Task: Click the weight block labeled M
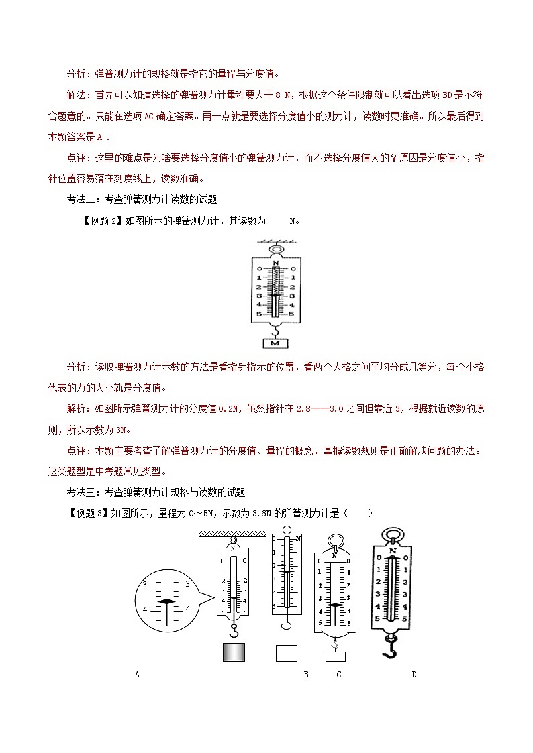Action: (x=275, y=343)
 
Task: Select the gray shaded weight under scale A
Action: (x=233, y=651)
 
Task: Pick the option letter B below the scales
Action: (x=305, y=675)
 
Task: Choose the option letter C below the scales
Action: (x=339, y=675)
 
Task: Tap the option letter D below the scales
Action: (x=414, y=675)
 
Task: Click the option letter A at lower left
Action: (x=138, y=675)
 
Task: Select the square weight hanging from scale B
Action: (x=287, y=653)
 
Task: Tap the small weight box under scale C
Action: (x=335, y=656)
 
